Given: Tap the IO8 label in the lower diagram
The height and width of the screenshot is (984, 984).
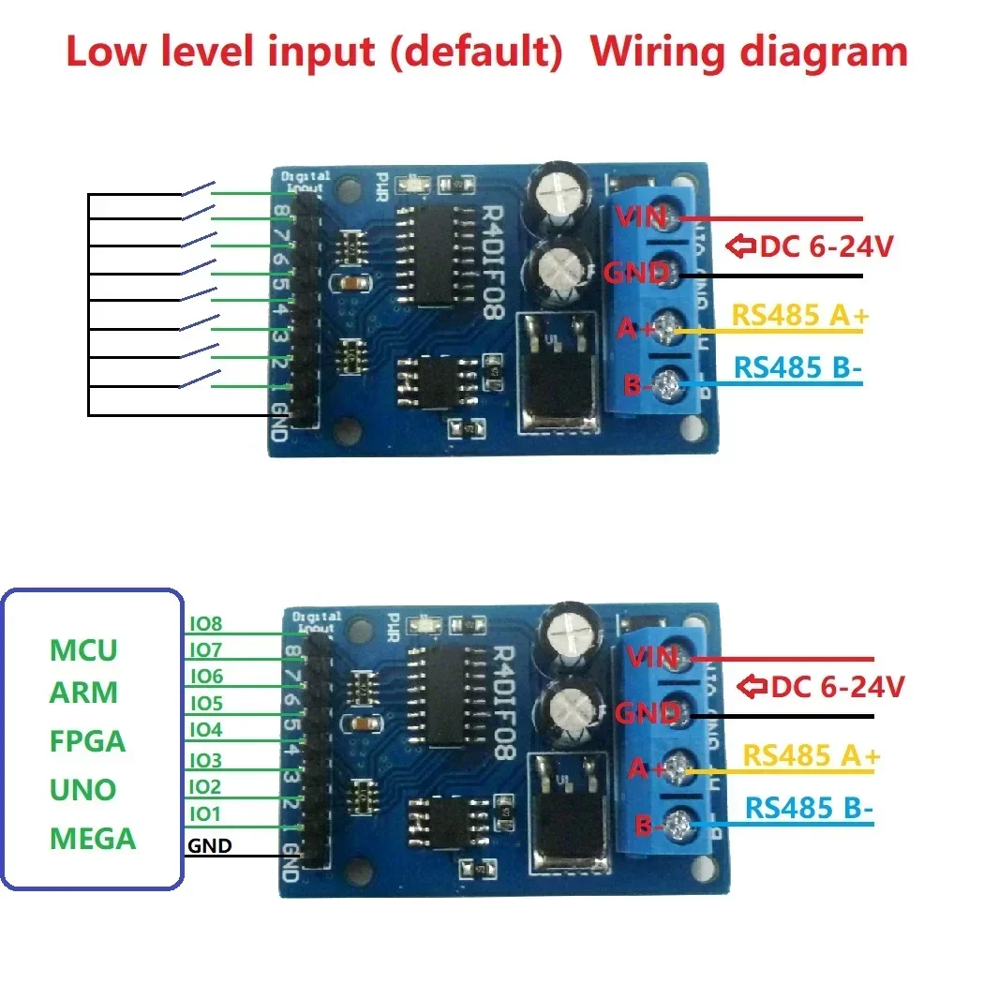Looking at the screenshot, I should [x=205, y=622].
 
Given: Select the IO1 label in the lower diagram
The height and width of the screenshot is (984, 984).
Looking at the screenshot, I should [x=205, y=813].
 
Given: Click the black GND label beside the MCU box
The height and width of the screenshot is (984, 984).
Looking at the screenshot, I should [x=210, y=846].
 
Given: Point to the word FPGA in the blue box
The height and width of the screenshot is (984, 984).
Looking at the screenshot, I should [x=87, y=741].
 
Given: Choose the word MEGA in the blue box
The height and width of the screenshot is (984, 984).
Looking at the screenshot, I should [x=93, y=838].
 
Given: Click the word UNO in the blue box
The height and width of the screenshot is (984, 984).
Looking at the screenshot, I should [x=82, y=789].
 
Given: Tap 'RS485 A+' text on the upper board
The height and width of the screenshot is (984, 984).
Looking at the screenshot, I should [x=800, y=316].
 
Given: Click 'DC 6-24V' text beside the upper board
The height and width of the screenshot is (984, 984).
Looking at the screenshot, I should [x=826, y=247].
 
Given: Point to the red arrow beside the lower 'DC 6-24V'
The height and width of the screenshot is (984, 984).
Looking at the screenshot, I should [x=753, y=687].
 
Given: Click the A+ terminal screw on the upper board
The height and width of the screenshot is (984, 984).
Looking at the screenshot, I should [x=668, y=328].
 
